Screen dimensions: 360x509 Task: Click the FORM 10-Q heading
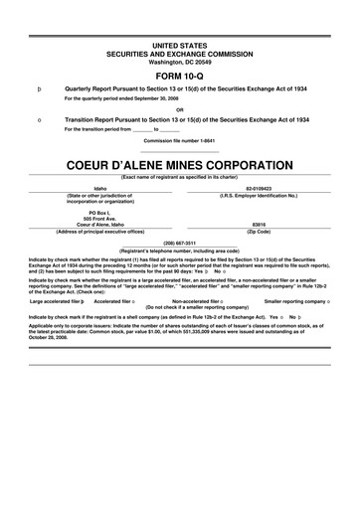(180, 74)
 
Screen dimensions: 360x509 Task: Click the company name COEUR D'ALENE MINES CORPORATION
(180, 159)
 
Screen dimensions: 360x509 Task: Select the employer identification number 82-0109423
(258, 187)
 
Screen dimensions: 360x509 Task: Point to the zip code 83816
(258, 224)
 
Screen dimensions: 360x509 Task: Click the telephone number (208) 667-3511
(180, 240)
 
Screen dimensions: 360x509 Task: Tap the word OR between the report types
(180, 109)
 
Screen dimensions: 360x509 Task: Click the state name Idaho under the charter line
(99, 187)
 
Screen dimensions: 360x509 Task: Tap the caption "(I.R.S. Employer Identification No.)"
(258, 195)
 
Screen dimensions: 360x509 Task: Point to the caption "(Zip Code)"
(258, 231)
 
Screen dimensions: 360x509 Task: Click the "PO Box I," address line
(99, 212)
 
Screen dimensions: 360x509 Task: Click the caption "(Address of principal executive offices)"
(99, 231)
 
